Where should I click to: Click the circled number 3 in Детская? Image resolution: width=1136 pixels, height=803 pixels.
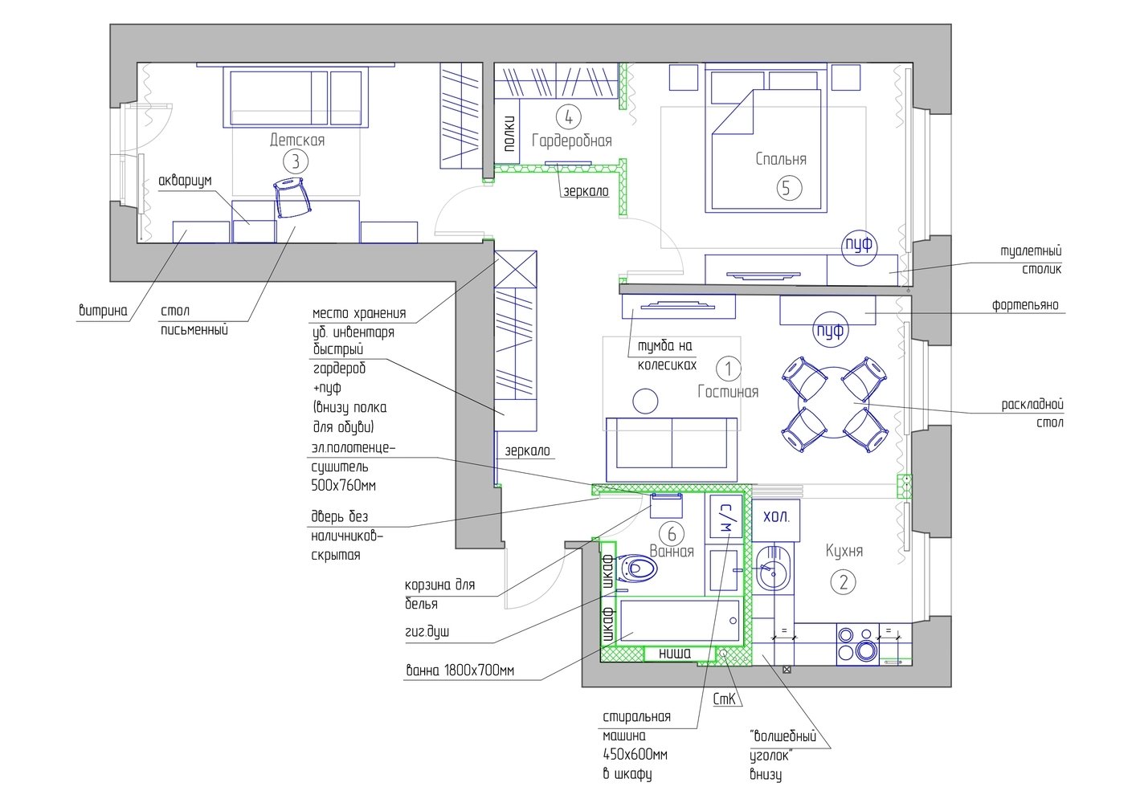coord(295,161)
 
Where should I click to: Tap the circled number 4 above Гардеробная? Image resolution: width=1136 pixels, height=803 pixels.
coord(569,117)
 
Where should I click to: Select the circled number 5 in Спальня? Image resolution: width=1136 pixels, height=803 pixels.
coord(789,188)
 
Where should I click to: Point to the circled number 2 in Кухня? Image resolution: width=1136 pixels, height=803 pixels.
coord(843,582)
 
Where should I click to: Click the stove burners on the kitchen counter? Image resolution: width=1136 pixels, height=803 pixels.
coord(857,643)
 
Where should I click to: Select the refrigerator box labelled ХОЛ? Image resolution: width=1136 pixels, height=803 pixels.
coord(776,520)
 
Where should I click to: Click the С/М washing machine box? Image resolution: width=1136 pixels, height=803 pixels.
coord(725,516)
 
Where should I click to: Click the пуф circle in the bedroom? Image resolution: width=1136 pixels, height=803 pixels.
coord(859,246)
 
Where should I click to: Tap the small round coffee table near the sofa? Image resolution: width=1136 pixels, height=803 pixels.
coord(645,401)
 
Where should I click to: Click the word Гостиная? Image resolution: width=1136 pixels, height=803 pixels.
coord(728,391)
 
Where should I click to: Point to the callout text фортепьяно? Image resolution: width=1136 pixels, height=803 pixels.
coord(1025,305)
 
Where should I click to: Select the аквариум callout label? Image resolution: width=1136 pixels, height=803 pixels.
coord(185,181)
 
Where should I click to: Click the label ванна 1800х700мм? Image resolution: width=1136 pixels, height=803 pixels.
coord(460,671)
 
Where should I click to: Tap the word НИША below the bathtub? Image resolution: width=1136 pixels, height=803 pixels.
coord(675,654)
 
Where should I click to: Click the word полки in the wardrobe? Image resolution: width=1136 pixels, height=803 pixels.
coord(509,133)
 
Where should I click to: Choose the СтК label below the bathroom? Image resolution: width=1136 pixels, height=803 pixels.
coord(724,699)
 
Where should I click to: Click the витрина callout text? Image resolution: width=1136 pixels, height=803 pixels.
coord(103,310)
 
